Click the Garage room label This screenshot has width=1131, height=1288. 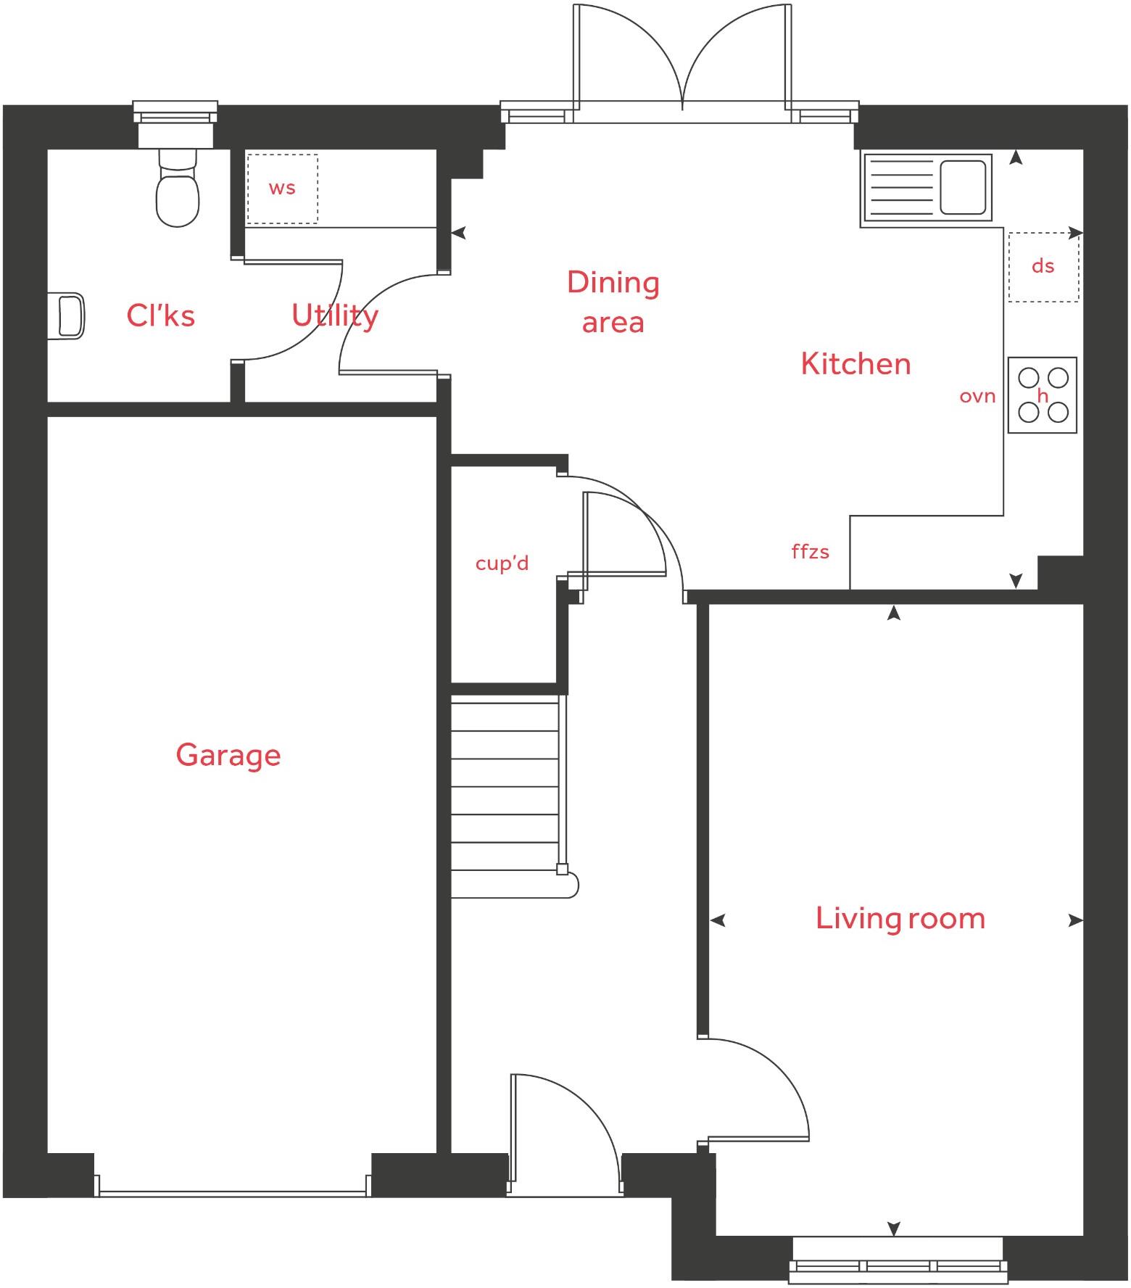coord(228,756)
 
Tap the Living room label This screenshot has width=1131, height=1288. coord(900,919)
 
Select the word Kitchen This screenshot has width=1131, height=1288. coord(855,364)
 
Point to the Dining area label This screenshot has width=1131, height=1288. coord(613,302)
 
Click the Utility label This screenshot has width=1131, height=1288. coord(335,315)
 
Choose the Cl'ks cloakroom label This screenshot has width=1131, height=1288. coord(160,315)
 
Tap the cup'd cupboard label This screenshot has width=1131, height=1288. coord(502,563)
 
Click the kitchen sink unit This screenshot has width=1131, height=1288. coord(927,187)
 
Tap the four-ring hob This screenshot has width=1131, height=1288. coord(1042,395)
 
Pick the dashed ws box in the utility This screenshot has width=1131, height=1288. coord(282,189)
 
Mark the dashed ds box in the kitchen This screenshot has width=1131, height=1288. coord(1043,267)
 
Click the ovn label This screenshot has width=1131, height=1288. coord(977,397)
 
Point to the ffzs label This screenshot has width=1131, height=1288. coord(810,553)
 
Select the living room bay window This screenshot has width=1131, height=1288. coord(898,1261)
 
